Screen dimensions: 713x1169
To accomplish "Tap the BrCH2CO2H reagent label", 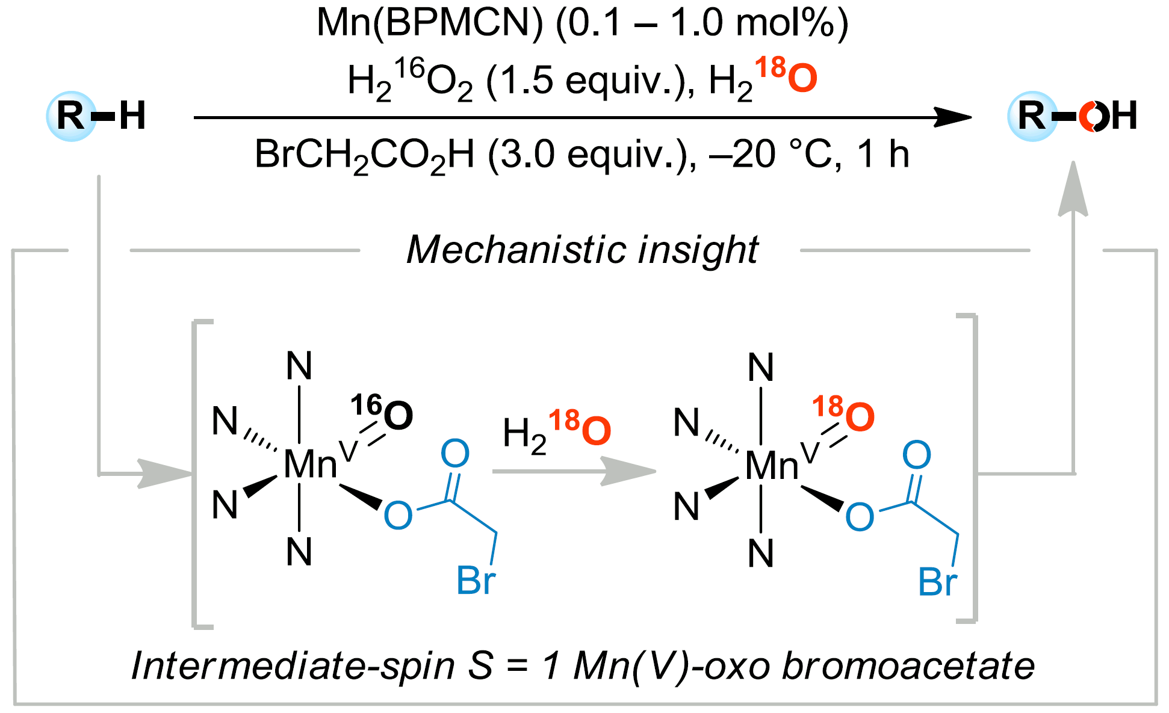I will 364,155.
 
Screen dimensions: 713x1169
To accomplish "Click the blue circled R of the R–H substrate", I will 71,116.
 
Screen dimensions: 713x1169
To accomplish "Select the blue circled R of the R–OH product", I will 1032,116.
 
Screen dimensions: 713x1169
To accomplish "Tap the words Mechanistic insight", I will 582,250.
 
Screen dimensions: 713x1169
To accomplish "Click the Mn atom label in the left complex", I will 309,465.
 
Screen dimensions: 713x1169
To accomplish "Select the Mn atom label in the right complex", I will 771,466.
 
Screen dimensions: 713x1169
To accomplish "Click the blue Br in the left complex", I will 476,581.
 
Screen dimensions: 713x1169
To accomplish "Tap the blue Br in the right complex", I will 937,582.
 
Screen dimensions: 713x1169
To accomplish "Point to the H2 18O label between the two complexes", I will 557,430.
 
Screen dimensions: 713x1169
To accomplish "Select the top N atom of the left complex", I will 299,366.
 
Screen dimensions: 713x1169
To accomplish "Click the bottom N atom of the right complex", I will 761,554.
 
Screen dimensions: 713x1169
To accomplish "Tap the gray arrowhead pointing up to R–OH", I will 1073,190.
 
